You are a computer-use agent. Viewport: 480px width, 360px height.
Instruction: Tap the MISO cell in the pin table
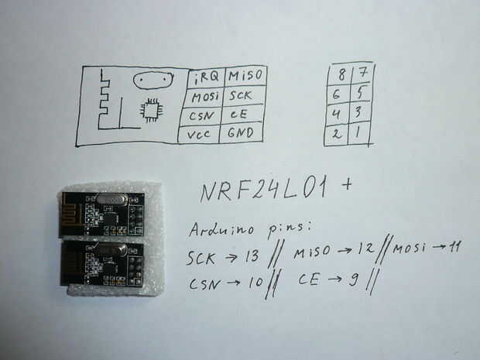(x=245, y=75)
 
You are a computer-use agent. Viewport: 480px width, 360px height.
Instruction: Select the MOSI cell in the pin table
(x=204, y=98)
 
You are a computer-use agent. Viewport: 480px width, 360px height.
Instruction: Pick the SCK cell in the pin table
(x=241, y=97)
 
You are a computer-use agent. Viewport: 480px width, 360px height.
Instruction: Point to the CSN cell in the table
(x=204, y=116)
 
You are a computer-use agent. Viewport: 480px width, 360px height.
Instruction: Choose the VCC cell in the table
(x=204, y=135)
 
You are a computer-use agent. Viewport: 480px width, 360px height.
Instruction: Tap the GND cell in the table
(x=241, y=133)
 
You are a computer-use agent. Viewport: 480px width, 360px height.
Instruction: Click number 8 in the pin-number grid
(x=338, y=75)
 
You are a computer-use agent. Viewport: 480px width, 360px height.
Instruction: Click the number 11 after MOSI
(x=453, y=248)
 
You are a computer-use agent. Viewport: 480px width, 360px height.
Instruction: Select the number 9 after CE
(x=353, y=279)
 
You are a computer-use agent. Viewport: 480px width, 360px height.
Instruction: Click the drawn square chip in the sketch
(x=149, y=111)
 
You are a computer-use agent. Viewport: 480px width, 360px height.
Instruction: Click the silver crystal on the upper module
(x=115, y=200)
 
